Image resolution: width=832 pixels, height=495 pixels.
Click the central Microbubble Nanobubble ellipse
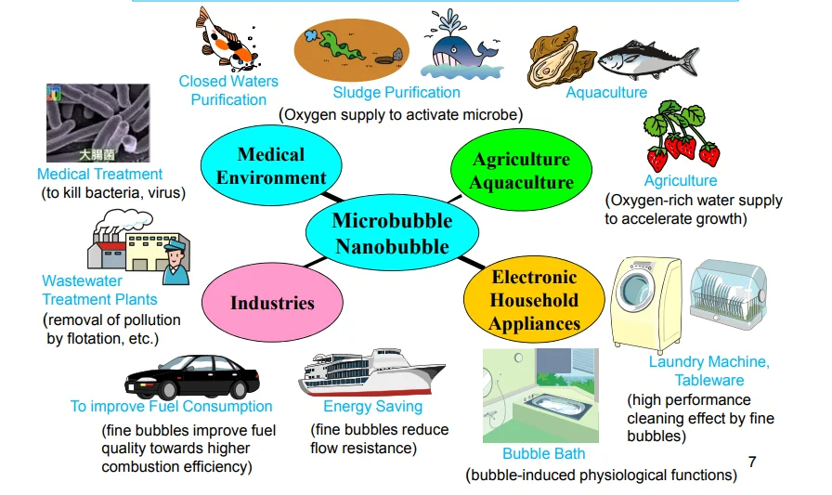(x=392, y=233)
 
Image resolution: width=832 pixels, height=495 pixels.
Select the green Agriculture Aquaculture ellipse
(x=521, y=170)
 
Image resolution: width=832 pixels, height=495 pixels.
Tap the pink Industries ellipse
(x=272, y=303)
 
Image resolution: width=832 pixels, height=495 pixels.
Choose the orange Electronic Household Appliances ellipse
(x=534, y=300)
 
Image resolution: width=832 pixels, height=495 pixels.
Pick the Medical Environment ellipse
(x=271, y=165)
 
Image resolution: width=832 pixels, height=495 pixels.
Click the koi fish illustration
(x=227, y=39)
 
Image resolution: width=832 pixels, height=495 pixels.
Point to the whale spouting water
(x=461, y=46)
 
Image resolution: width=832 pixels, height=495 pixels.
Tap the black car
(x=192, y=377)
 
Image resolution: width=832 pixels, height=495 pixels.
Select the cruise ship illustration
(x=371, y=372)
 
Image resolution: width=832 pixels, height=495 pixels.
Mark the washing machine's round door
(x=636, y=291)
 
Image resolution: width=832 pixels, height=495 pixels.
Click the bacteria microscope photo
(x=98, y=123)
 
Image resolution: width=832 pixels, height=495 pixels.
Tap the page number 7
(x=752, y=462)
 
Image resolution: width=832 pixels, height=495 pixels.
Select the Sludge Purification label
(x=396, y=92)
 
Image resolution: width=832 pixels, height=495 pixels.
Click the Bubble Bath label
(x=544, y=453)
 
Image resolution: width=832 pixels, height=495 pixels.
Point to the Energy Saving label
(x=373, y=407)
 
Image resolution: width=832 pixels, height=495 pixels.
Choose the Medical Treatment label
(x=99, y=174)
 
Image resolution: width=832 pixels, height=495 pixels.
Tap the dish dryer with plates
(x=728, y=293)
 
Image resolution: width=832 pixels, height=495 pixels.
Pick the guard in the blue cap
(x=176, y=262)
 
